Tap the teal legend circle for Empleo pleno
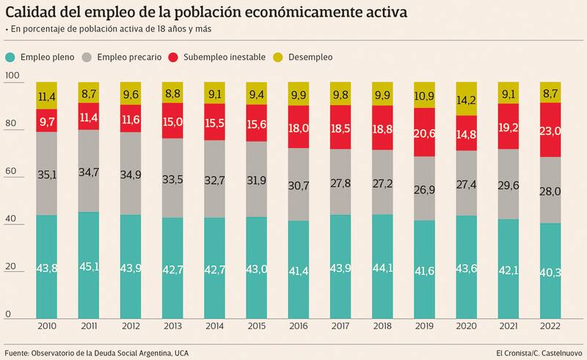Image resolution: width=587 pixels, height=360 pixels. point(10,56)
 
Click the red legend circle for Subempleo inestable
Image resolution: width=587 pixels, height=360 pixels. point(174,56)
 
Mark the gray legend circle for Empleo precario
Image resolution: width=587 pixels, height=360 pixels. point(87,56)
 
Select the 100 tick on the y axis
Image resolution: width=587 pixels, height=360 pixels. point(11,76)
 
